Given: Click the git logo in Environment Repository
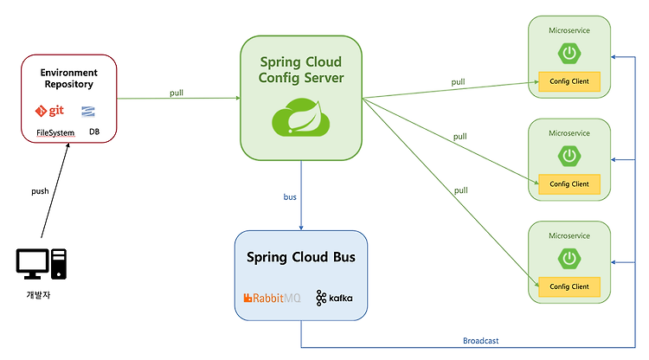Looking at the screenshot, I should pyautogui.click(x=50, y=111).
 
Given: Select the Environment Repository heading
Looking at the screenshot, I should pyautogui.click(x=68, y=79).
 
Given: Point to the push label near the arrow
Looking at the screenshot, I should pyautogui.click(x=40, y=190).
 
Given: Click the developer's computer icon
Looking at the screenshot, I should pyautogui.click(x=41, y=265).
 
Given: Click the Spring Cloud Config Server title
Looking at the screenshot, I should pyautogui.click(x=300, y=70).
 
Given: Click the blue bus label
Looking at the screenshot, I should pyautogui.click(x=290, y=197).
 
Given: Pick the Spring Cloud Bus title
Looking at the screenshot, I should pyautogui.click(x=300, y=257).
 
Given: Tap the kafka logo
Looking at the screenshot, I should pyautogui.click(x=334, y=298).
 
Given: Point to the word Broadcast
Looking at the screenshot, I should pyautogui.click(x=480, y=340).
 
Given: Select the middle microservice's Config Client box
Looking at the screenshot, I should pyautogui.click(x=569, y=183).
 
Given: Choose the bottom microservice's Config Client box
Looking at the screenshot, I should pyautogui.click(x=569, y=286).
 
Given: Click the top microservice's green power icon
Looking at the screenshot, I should pyautogui.click(x=569, y=54).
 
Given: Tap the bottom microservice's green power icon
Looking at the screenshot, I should pyautogui.click(x=569, y=259).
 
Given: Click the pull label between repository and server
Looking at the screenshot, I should pyautogui.click(x=176, y=93).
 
